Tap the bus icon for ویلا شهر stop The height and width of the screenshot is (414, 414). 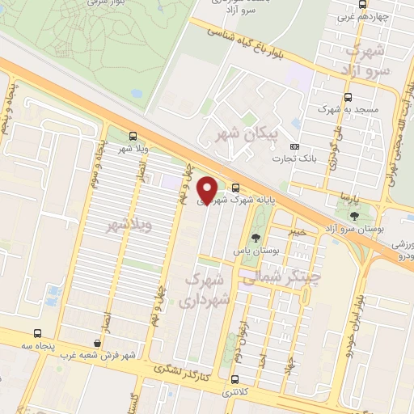coord(133,137)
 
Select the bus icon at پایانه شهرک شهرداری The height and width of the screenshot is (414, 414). coord(235,188)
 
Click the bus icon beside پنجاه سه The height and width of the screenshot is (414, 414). coord(38,333)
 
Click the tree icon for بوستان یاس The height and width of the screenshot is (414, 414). coord(256,238)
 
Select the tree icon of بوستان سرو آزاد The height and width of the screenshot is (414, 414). coord(355,215)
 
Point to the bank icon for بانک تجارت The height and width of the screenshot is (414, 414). coord(294,146)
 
